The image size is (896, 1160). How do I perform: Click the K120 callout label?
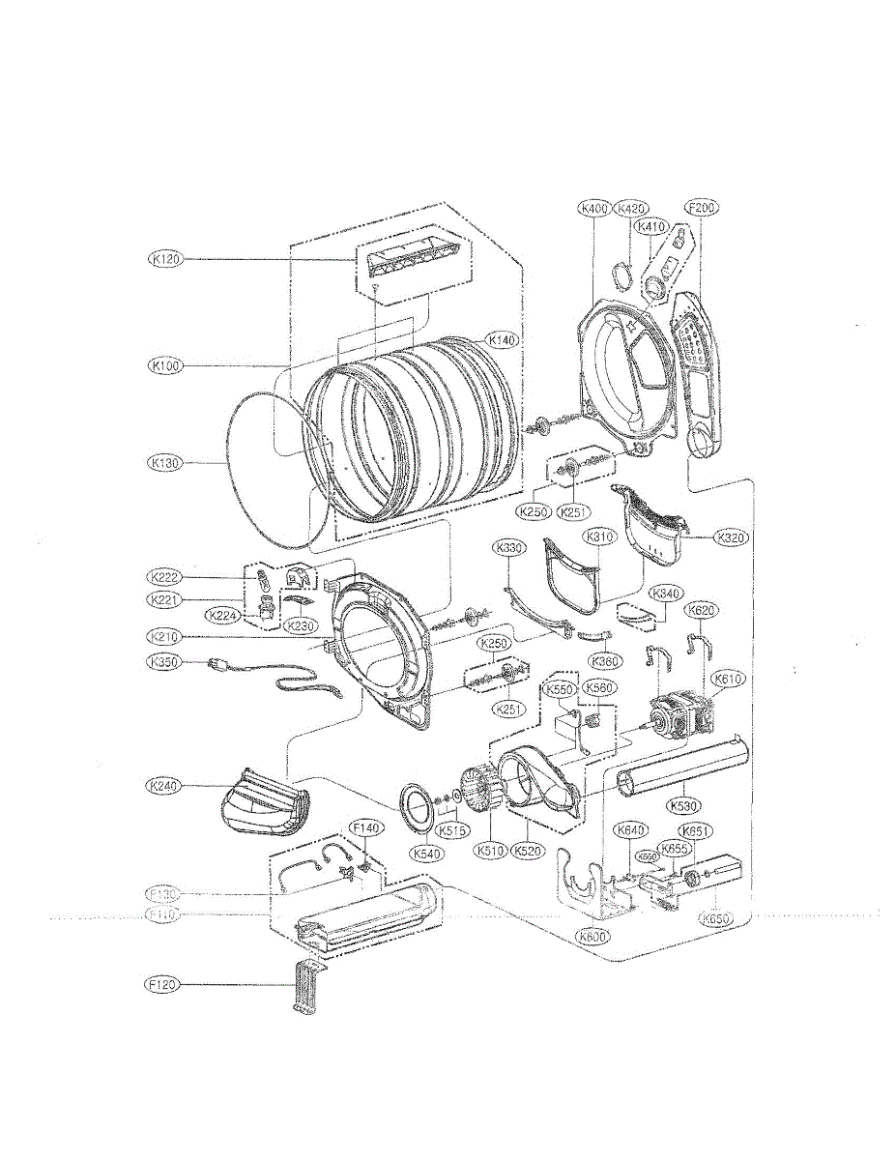point(165,259)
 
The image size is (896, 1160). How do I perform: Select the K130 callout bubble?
point(165,463)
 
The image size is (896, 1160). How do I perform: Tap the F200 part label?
point(703,208)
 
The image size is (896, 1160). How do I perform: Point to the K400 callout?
point(594,208)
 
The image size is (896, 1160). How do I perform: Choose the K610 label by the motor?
point(727,680)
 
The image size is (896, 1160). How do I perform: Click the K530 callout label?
point(686,804)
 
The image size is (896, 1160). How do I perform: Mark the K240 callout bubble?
point(165,787)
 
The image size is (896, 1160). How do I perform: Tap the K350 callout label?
point(163,662)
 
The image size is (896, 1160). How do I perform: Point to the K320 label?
point(732,537)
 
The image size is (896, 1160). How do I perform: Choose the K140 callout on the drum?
point(504,340)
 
